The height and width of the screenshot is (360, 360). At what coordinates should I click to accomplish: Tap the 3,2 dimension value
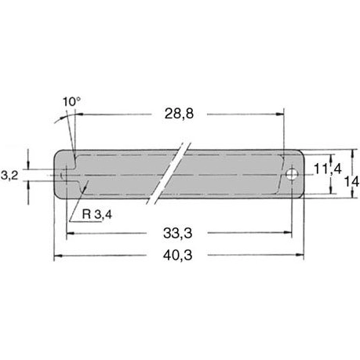point(9,176)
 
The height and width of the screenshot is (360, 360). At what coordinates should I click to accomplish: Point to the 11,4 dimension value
point(325,169)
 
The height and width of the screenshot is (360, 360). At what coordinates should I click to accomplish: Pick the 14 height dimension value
point(351,180)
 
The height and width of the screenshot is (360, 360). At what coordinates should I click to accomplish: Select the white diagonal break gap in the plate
point(175,173)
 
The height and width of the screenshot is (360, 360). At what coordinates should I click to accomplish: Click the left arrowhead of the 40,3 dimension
point(57,256)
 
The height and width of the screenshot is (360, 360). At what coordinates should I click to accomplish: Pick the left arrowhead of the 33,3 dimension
point(71,232)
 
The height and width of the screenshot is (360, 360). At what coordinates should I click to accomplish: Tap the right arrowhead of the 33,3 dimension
point(289,232)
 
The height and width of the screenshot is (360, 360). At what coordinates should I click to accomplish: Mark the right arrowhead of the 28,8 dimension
point(278,114)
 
